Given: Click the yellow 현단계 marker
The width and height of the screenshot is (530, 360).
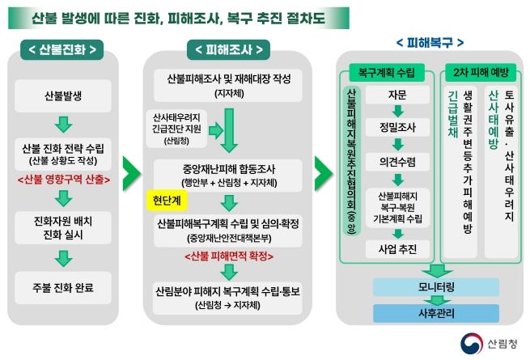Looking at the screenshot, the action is pyautogui.click(x=167, y=201).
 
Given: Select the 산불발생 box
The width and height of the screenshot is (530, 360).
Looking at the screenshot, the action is pyautogui.click(x=63, y=96).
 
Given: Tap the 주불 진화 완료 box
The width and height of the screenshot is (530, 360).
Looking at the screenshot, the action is pyautogui.click(x=63, y=288).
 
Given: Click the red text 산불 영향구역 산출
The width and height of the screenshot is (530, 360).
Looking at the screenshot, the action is pyautogui.click(x=64, y=180).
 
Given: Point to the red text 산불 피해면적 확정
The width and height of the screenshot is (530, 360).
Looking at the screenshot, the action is pyautogui.click(x=229, y=256).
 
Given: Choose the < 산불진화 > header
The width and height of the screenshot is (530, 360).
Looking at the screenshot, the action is pyautogui.click(x=62, y=50).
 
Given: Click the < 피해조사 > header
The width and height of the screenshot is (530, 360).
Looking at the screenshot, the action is pyautogui.click(x=229, y=50).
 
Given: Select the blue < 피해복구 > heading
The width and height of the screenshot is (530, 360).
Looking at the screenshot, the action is pyautogui.click(x=430, y=43).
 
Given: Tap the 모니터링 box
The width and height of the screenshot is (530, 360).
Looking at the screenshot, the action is pyautogui.click(x=436, y=287).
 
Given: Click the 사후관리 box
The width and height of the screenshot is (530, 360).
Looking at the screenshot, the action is pyautogui.click(x=436, y=313).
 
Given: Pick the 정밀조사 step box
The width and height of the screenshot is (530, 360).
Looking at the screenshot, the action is pyautogui.click(x=397, y=128).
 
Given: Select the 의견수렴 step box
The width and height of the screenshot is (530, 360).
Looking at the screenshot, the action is pyautogui.click(x=397, y=162).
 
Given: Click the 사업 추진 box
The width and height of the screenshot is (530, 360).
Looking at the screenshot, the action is pyautogui.click(x=397, y=249).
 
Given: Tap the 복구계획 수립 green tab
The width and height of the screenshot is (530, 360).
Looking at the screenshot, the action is pyautogui.click(x=386, y=72).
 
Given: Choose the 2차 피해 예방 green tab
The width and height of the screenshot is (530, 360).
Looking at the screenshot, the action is pyautogui.click(x=481, y=72).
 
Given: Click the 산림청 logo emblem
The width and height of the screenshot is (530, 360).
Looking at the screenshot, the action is pyautogui.click(x=472, y=344).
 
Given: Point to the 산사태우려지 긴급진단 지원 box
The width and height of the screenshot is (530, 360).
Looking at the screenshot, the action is pyautogui.click(x=176, y=129).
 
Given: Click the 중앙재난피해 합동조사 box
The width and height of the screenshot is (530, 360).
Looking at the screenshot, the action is pyautogui.click(x=229, y=176).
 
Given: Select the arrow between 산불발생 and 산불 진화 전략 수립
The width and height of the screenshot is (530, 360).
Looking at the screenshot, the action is pyautogui.click(x=64, y=125).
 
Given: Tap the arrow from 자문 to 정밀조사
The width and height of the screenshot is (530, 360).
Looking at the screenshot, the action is pyautogui.click(x=398, y=111).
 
